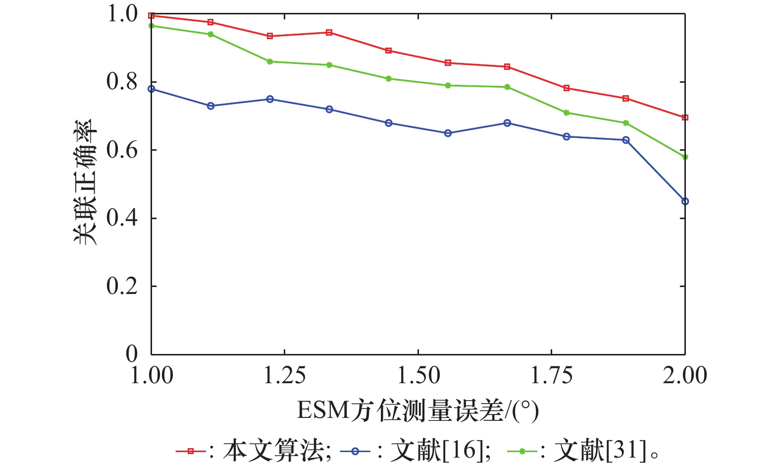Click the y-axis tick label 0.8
tap(121, 82)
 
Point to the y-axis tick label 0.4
tap(121, 218)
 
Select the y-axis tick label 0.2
tap(121, 286)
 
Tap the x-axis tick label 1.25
tap(284, 375)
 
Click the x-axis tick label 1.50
tap(418, 375)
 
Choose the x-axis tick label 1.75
tap(552, 375)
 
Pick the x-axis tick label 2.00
tap(685, 375)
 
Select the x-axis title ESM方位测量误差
tap(417, 411)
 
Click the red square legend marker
tap(191, 451)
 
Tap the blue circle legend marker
tap(355, 451)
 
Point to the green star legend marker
tap(522, 451)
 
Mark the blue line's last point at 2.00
tap(685, 201)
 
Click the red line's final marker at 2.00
tap(685, 117)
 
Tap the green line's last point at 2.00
tap(685, 157)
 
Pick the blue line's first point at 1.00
tap(152, 89)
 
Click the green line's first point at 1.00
tap(152, 26)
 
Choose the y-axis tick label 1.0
tap(121, 14)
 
